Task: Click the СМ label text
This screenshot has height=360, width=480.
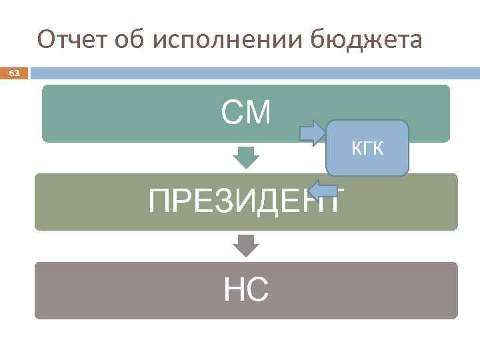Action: (246, 113)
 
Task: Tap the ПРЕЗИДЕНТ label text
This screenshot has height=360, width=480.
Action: (247, 201)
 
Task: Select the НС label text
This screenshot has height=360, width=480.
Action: (246, 290)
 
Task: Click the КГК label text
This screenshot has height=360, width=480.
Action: (367, 149)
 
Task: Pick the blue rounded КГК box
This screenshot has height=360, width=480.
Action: (367, 163)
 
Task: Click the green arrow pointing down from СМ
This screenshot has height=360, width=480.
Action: (246, 157)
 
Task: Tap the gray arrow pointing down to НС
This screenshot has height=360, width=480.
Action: (246, 246)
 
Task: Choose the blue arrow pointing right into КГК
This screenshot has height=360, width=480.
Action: (311, 133)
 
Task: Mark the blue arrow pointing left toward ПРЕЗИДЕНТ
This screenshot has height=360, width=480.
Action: (325, 189)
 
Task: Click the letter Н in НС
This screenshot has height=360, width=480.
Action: (234, 290)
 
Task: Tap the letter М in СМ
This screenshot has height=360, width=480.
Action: (258, 113)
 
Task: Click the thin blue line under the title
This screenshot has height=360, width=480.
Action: (253, 72)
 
